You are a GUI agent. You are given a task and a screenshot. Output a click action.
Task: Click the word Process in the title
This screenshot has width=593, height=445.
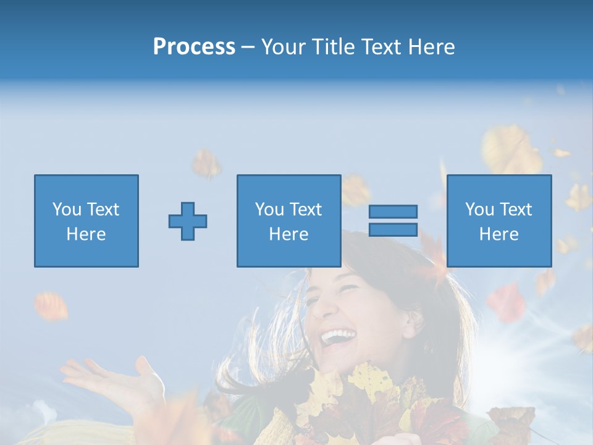194,47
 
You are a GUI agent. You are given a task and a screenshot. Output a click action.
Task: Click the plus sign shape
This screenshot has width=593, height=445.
188,221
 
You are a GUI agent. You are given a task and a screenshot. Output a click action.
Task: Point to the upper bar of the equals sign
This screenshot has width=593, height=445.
393,211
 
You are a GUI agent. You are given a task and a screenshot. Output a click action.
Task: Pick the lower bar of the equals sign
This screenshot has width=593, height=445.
393,229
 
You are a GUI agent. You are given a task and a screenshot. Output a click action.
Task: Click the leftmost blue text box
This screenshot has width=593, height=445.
86,221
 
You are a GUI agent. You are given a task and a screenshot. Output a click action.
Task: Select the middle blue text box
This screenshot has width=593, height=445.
288,221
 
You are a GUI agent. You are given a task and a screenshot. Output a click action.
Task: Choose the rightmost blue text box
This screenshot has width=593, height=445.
499,221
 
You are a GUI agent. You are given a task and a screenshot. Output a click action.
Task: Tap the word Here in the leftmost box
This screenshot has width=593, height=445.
86,234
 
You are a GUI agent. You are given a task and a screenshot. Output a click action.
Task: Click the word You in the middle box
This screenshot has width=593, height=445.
269,210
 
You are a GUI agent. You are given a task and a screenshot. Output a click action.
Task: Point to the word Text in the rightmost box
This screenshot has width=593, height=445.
516,210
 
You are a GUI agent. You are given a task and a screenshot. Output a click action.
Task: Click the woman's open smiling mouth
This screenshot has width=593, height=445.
339,337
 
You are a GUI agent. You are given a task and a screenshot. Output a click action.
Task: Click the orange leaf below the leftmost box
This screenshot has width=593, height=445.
51,307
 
